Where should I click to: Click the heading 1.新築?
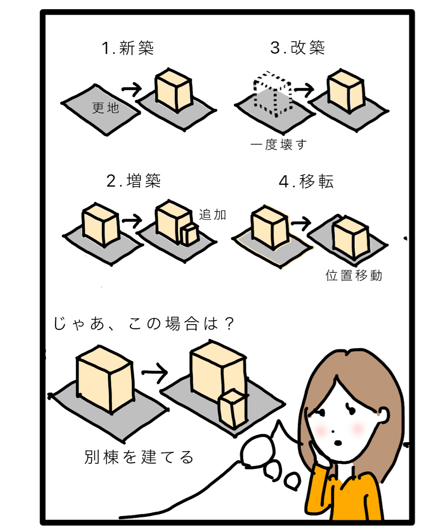point(128,48)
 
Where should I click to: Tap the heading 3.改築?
point(297,47)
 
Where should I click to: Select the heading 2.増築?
point(133,181)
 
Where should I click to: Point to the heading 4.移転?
point(306,182)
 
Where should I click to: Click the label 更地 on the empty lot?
point(106,108)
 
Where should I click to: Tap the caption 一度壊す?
point(279,145)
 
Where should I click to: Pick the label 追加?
point(212,214)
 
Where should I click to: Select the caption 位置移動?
point(354,276)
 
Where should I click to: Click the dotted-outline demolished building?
point(273,94)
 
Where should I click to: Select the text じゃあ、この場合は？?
point(144,324)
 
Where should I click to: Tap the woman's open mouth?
point(338,443)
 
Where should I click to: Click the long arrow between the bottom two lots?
point(155,372)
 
